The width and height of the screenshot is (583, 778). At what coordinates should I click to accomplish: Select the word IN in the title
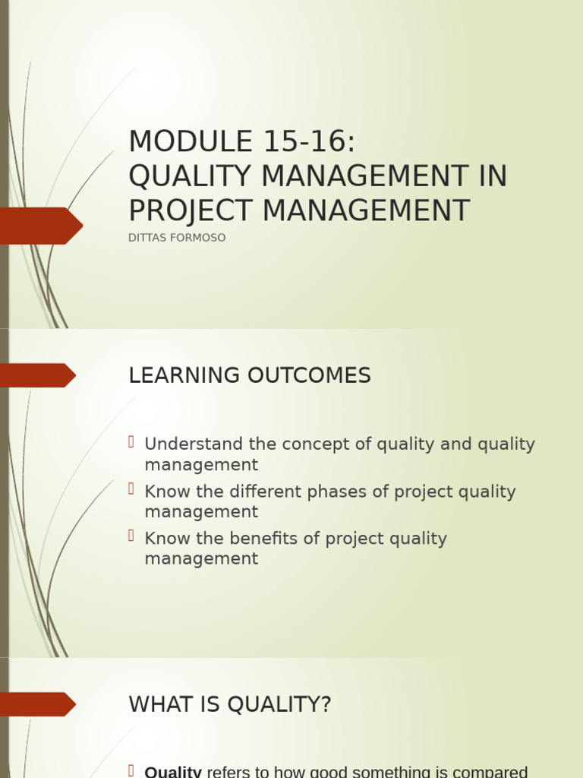coord(492,176)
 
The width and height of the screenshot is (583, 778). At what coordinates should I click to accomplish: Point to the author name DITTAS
coord(149,238)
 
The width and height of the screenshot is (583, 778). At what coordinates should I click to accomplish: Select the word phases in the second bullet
coord(346,492)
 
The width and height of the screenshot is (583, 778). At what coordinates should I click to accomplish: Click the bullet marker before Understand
coord(131,442)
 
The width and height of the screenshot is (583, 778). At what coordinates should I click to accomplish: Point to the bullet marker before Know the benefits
coord(131,536)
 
